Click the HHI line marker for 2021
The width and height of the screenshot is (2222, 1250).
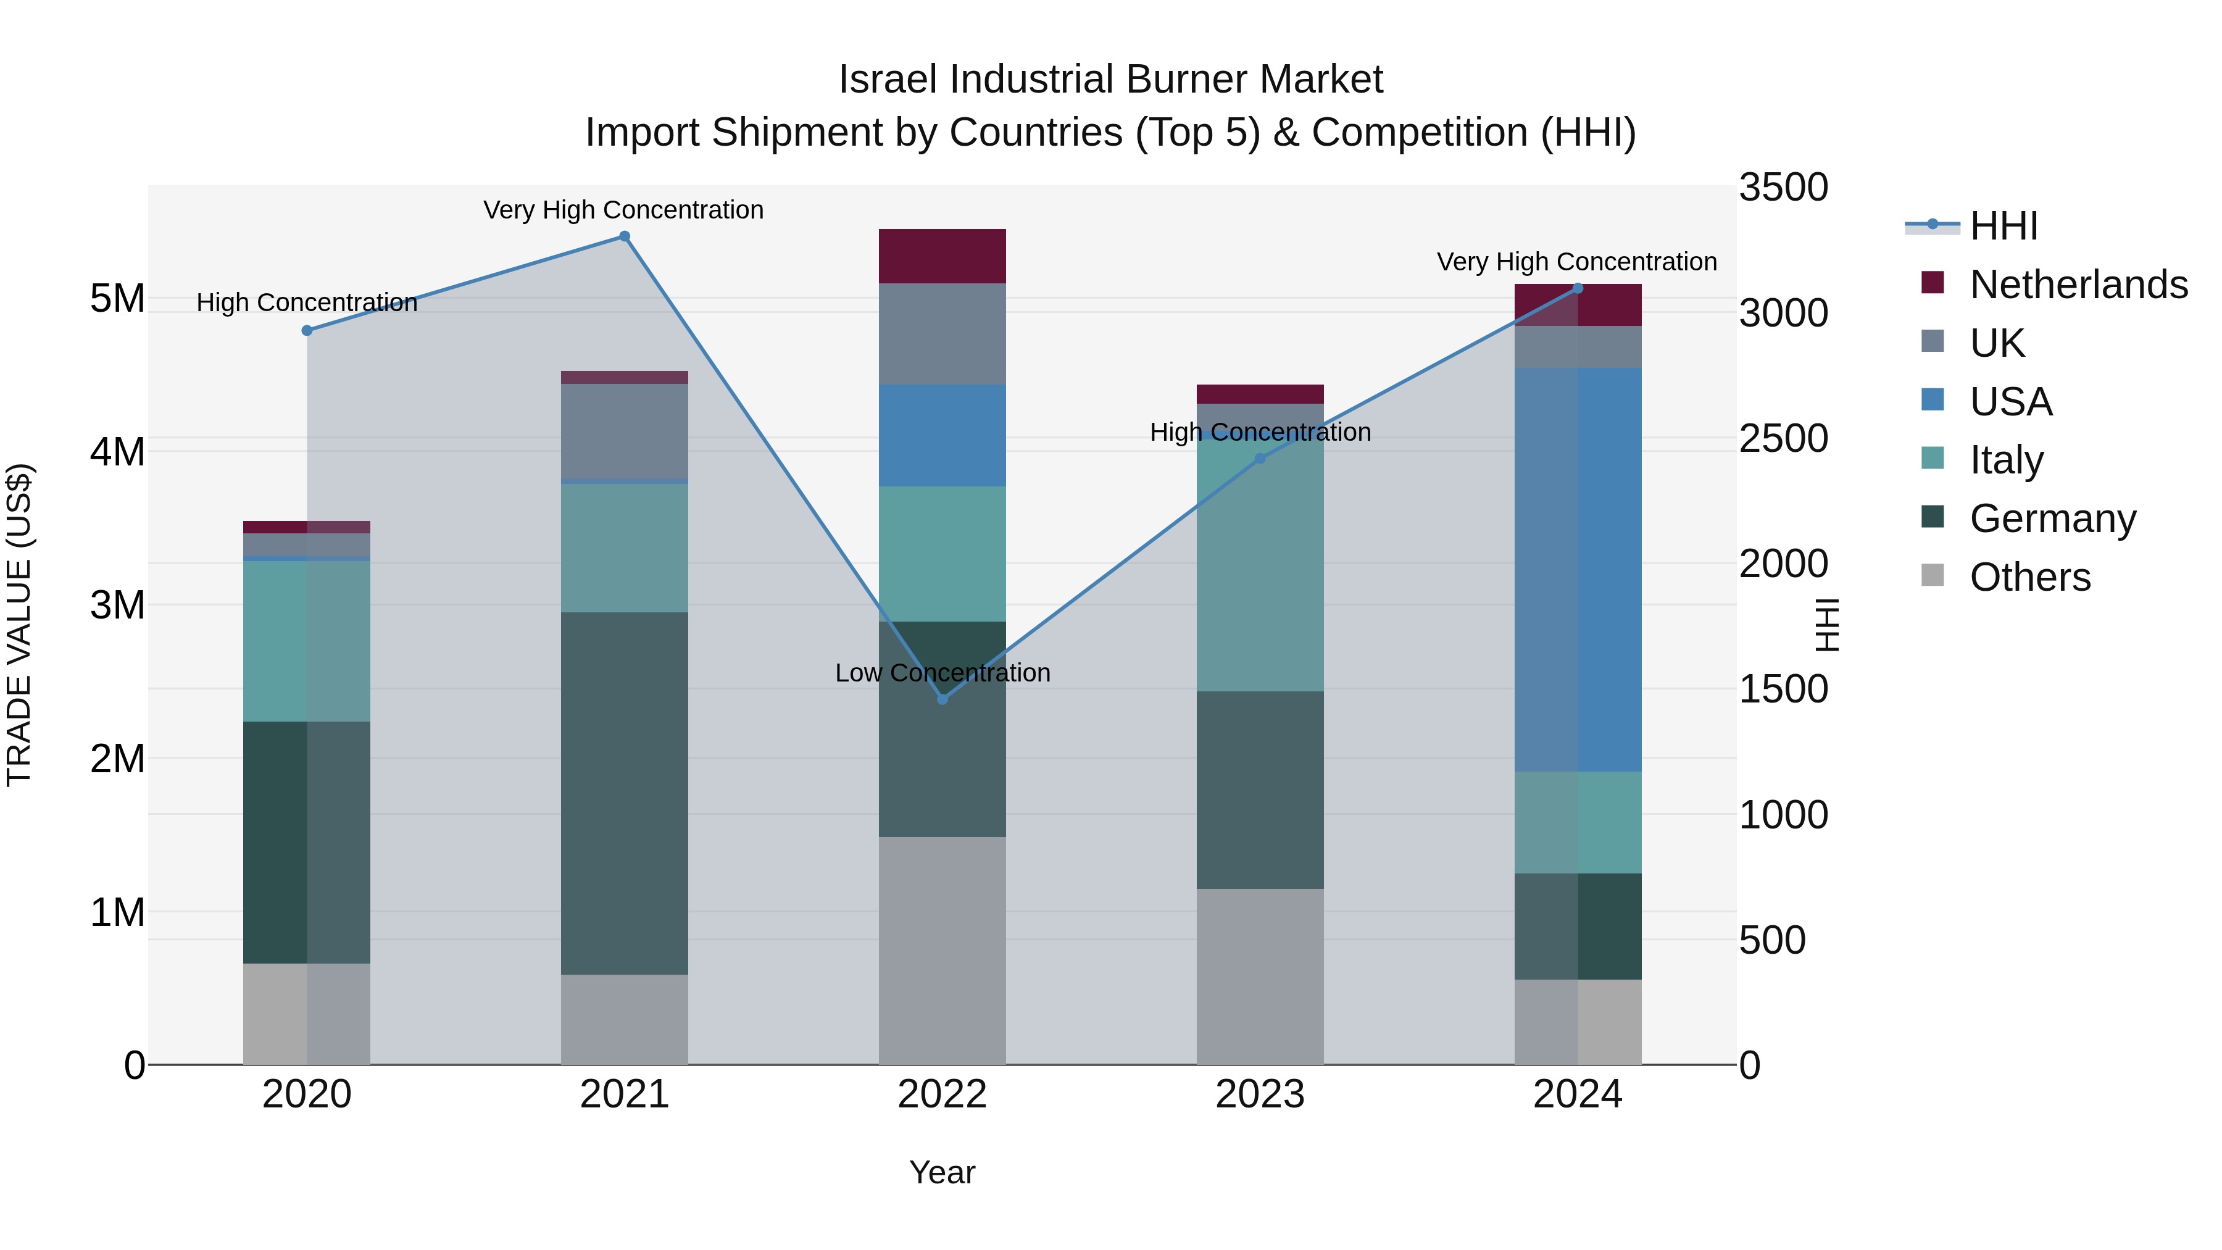[625, 236]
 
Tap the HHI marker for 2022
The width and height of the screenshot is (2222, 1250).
[942, 699]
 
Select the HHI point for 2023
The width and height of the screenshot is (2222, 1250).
[1259, 458]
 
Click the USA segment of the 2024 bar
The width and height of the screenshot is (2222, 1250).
[1578, 569]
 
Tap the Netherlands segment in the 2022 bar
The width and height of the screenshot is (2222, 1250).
[942, 256]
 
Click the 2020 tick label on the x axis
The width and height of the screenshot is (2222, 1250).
[307, 1094]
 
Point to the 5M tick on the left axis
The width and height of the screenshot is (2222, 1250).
[117, 299]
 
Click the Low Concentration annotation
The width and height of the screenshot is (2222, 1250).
[942, 673]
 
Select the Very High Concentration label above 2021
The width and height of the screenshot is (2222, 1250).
[623, 210]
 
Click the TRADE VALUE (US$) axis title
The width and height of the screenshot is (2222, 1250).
[19, 625]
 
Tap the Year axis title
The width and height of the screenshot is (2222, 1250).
[942, 1172]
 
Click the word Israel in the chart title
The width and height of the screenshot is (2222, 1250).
[888, 80]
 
